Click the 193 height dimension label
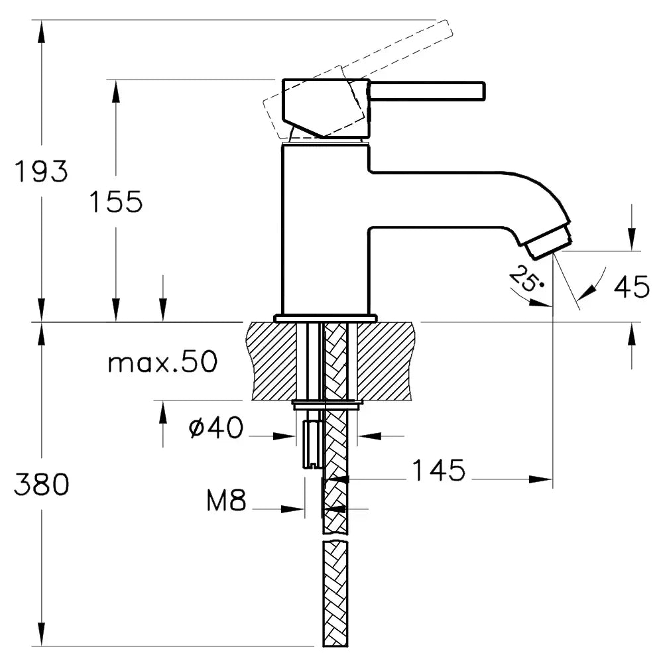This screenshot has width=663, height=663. point(41,171)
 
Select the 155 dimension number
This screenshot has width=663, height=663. point(116,202)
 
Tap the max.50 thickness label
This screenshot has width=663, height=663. point(163,362)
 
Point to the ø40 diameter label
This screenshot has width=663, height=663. point(216,427)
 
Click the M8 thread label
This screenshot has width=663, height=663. point(226,500)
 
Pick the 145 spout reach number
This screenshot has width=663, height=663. point(438,470)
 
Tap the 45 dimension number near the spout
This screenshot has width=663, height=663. point(631,286)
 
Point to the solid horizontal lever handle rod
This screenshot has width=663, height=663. point(427,91)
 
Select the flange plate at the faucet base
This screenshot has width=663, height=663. point(325,318)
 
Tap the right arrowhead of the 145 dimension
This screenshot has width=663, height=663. point(541,479)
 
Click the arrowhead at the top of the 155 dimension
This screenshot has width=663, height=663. point(116,91)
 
